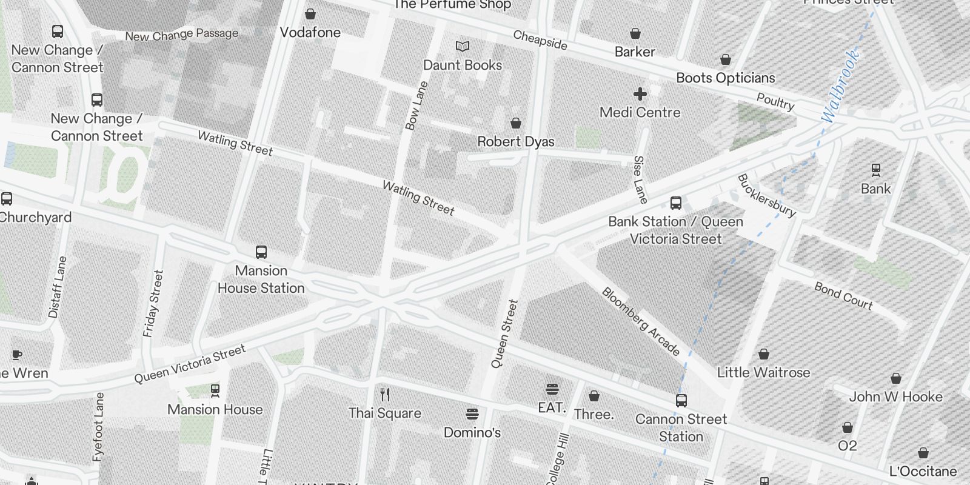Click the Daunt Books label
point(463,65)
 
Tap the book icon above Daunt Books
point(463,46)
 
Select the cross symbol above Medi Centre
point(640,93)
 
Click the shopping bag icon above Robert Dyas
point(516,123)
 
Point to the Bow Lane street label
point(416,105)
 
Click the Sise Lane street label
point(640,179)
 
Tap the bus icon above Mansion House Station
point(261,252)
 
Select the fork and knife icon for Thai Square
point(385,395)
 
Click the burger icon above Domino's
point(472,414)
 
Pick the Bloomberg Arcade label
point(641,321)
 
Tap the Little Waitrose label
point(763,372)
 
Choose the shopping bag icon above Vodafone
point(310,14)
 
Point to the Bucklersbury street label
point(766,195)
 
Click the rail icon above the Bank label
point(875,170)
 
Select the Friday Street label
point(153,303)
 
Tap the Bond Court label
point(843,296)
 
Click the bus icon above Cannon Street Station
point(681,401)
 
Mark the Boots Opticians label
point(725,78)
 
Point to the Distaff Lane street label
point(57,287)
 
